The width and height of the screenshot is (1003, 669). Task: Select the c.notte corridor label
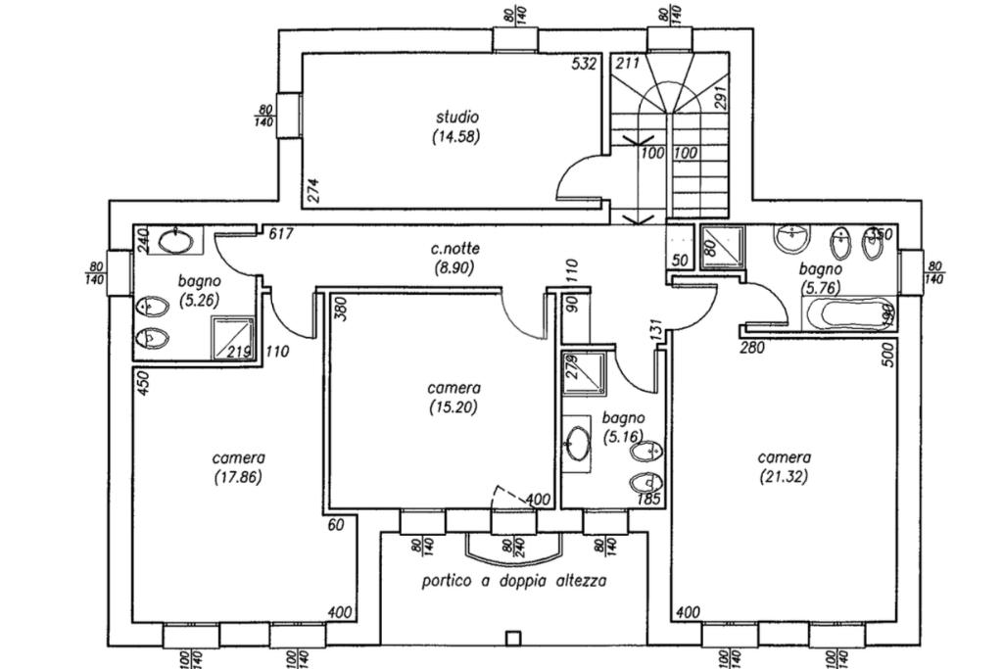coord(453,249)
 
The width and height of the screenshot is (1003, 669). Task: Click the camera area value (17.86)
coord(239,477)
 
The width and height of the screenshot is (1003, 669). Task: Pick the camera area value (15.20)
coord(453,407)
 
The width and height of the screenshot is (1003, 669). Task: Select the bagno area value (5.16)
coord(623,436)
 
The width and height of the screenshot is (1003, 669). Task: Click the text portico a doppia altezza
coord(514,581)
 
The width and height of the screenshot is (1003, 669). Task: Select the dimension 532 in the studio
coord(585,65)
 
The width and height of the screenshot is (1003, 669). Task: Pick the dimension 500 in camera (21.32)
coord(888,354)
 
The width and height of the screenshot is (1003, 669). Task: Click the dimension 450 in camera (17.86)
coord(142,383)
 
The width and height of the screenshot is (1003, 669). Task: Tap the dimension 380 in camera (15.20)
coord(339,309)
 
